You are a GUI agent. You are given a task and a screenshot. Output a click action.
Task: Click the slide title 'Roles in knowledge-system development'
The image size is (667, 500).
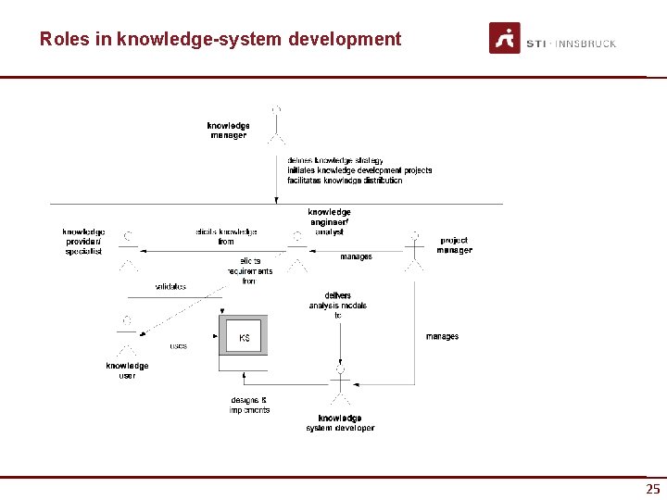[x=220, y=40]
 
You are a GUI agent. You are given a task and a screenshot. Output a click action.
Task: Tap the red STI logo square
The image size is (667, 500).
[x=505, y=38]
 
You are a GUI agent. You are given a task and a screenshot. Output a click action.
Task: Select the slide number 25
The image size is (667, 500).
[x=653, y=489]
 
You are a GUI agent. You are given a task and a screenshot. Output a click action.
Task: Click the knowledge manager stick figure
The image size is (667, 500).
[x=276, y=126]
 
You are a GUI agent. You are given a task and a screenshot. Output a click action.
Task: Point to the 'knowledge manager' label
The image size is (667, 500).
[x=228, y=131]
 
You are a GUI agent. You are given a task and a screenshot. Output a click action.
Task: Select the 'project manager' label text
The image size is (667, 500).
[x=455, y=245]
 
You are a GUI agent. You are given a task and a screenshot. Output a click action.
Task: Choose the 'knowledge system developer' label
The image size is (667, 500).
[x=340, y=423]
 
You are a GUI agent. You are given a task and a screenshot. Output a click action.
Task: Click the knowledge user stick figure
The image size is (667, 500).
[x=127, y=335]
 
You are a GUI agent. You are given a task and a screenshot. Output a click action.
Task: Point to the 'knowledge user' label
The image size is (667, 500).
[x=127, y=370]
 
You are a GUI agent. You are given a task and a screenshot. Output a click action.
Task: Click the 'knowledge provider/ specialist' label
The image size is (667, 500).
[x=83, y=242]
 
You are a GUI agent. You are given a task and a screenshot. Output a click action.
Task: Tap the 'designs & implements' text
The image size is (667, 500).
[x=249, y=405]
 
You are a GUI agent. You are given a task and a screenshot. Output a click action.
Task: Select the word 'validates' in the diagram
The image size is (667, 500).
[x=170, y=287]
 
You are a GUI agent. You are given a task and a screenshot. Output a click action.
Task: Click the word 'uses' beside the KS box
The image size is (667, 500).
[x=178, y=346]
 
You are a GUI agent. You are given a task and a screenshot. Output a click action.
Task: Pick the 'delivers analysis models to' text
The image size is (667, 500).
[x=338, y=306]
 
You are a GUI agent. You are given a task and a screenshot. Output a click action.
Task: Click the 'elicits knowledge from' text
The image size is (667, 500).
[x=226, y=236]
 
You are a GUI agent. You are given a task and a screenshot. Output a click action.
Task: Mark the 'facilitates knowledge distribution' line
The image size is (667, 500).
[x=345, y=181]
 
